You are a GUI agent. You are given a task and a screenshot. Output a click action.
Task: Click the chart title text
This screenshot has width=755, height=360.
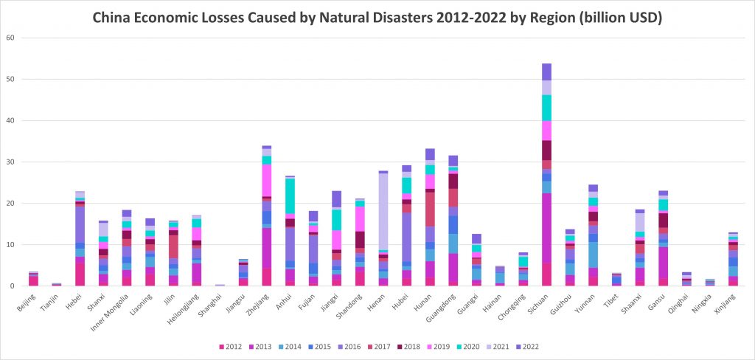point(377,16)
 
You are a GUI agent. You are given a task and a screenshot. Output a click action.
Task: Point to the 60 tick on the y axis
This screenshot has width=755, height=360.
point(10,38)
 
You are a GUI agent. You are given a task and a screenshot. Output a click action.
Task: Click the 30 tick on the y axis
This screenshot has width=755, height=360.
point(10,162)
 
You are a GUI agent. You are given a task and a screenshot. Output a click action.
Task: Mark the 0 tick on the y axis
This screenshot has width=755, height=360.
point(12,285)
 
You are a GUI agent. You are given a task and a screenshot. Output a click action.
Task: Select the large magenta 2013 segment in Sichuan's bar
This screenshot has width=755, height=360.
point(546,228)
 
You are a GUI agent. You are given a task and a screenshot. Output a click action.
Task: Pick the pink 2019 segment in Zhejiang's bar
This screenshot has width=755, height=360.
point(267,180)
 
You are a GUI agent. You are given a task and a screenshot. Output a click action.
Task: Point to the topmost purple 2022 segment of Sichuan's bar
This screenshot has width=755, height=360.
point(546,72)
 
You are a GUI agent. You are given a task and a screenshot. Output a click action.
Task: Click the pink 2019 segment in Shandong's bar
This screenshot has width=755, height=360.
point(361,218)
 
